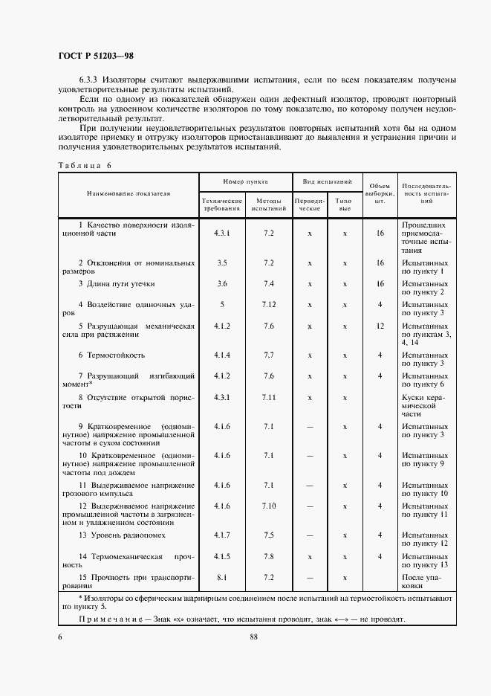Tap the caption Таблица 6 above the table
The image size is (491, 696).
click(x=83, y=165)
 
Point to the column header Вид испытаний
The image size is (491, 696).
click(x=326, y=182)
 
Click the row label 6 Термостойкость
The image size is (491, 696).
click(x=111, y=355)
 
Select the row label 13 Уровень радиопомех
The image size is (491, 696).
click(x=122, y=535)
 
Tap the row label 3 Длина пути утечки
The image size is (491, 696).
click(x=117, y=283)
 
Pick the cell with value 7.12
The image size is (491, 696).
click(x=268, y=304)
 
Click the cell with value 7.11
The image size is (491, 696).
click(x=268, y=397)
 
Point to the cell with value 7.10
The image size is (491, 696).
click(x=268, y=506)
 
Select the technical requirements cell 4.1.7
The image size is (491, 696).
click(x=222, y=535)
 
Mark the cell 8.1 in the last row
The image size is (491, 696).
click(x=222, y=576)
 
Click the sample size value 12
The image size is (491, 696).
click(x=379, y=326)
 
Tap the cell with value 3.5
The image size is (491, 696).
click(x=222, y=262)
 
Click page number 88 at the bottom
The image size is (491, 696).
click(x=253, y=636)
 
